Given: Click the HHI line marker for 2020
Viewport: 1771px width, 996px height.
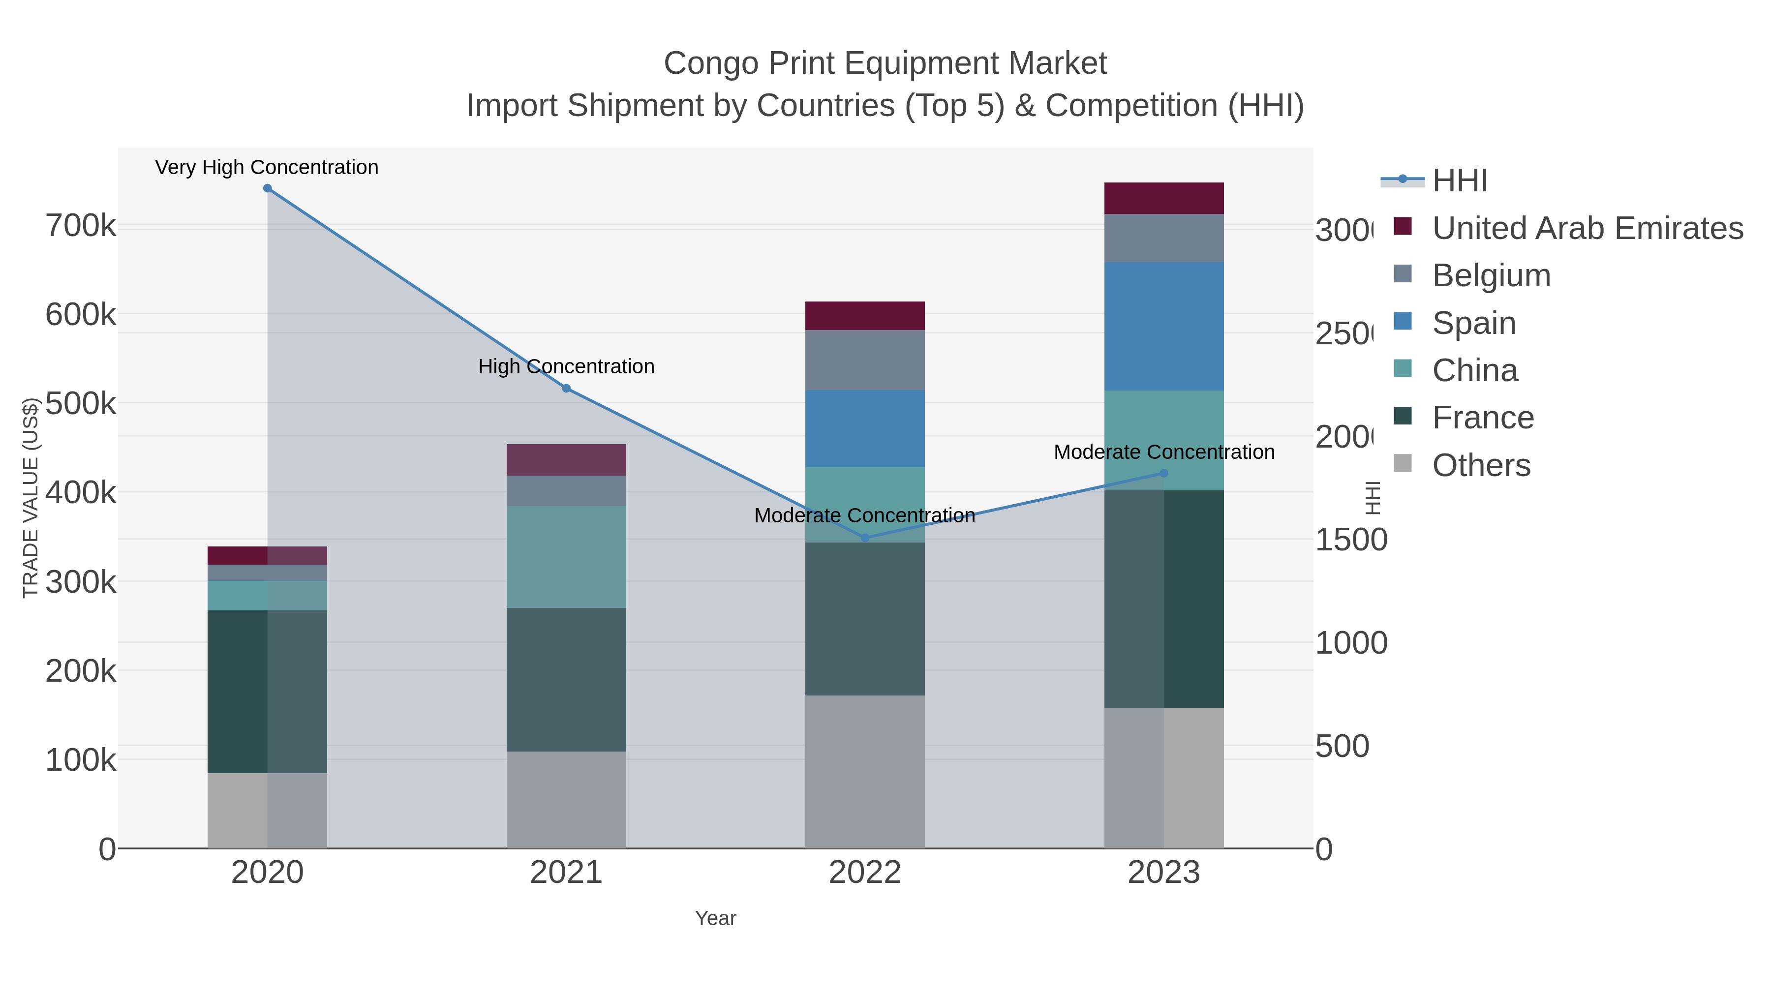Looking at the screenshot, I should click(x=268, y=188).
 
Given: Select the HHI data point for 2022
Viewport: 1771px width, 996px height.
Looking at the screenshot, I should click(x=865, y=538).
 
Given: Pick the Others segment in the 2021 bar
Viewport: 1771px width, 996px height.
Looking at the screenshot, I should click(x=566, y=799).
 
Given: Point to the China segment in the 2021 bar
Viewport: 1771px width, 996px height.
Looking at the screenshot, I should click(x=566, y=557).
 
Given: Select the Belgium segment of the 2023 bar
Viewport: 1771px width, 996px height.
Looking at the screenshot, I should click(x=1163, y=238).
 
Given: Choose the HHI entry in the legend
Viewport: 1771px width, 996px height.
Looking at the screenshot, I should click(x=1460, y=181).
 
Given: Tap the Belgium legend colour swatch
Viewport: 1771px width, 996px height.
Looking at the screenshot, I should click(x=1403, y=273).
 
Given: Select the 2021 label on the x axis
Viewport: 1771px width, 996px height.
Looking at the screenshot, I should click(x=566, y=872).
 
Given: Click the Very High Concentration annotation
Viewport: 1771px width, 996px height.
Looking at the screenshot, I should click(x=267, y=167).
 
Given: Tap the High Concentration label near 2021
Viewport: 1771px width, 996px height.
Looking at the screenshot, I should click(x=566, y=366).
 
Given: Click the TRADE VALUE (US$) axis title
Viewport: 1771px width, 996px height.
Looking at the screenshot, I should click(x=30, y=498).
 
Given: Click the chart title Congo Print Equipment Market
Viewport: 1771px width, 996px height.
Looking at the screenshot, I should click(x=885, y=63).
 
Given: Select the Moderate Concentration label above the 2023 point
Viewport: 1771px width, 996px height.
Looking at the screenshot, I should click(x=1163, y=453).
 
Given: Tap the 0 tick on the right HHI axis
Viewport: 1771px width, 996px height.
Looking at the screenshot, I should click(x=1323, y=849).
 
